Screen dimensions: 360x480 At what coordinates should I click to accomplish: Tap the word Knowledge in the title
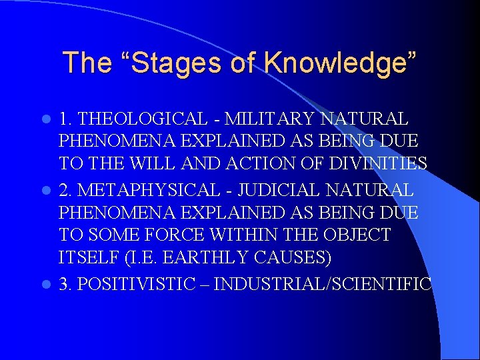pyautogui.click(x=336, y=63)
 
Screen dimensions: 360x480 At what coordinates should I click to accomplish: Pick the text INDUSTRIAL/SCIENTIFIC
pyautogui.click(x=323, y=283)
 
